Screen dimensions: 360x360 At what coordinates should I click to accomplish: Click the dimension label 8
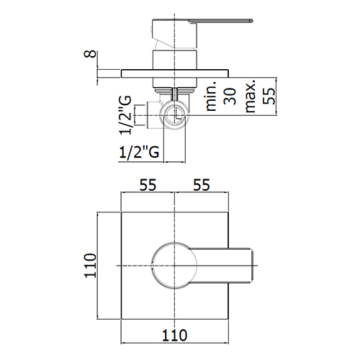click(x=90, y=54)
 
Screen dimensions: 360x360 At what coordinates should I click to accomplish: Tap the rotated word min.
click(x=211, y=96)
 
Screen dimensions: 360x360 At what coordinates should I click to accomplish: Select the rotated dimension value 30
click(x=230, y=96)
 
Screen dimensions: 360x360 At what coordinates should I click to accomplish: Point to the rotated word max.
click(x=250, y=96)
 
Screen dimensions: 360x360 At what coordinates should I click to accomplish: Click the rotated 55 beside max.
click(x=269, y=96)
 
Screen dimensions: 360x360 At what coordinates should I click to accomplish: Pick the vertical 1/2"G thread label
click(x=125, y=115)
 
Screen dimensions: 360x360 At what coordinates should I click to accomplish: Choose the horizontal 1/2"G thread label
click(x=139, y=152)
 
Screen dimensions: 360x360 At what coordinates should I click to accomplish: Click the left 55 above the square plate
click(x=148, y=185)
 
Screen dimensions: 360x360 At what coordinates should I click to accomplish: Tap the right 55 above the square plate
click(x=202, y=185)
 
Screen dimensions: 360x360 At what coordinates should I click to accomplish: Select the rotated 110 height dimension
click(x=90, y=266)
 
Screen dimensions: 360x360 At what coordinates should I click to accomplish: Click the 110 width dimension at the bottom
click(x=174, y=336)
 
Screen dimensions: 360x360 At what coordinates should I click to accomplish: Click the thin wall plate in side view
click(x=175, y=73)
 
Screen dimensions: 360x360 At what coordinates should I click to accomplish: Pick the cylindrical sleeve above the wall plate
click(x=175, y=60)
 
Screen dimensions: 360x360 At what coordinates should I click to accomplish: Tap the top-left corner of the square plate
click(x=121, y=212)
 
